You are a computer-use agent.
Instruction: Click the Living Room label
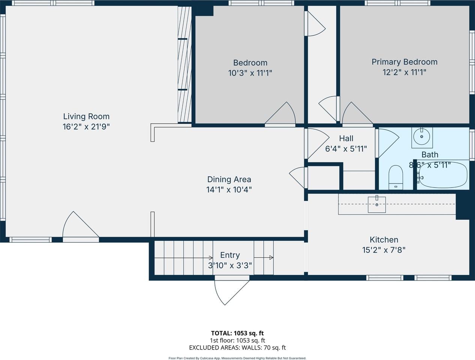click(x=86, y=116)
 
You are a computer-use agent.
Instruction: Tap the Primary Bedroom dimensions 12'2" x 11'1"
click(x=404, y=72)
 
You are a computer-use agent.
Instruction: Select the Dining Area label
click(x=229, y=179)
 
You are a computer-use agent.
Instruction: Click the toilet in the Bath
click(x=395, y=176)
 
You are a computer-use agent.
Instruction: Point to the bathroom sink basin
click(x=422, y=137)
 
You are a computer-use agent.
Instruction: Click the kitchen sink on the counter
click(x=377, y=204)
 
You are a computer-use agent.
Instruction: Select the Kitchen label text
click(x=384, y=240)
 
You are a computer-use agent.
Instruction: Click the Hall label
click(x=346, y=138)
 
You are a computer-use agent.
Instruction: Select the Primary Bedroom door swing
click(x=355, y=114)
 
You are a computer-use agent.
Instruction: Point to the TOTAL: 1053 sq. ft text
click(x=237, y=333)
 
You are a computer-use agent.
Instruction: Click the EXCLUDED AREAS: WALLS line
click(x=237, y=348)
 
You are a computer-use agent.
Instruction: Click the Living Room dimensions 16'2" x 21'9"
click(x=86, y=127)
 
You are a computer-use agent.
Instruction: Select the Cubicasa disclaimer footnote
click(x=237, y=358)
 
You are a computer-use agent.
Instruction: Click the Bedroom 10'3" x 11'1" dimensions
click(x=250, y=73)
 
